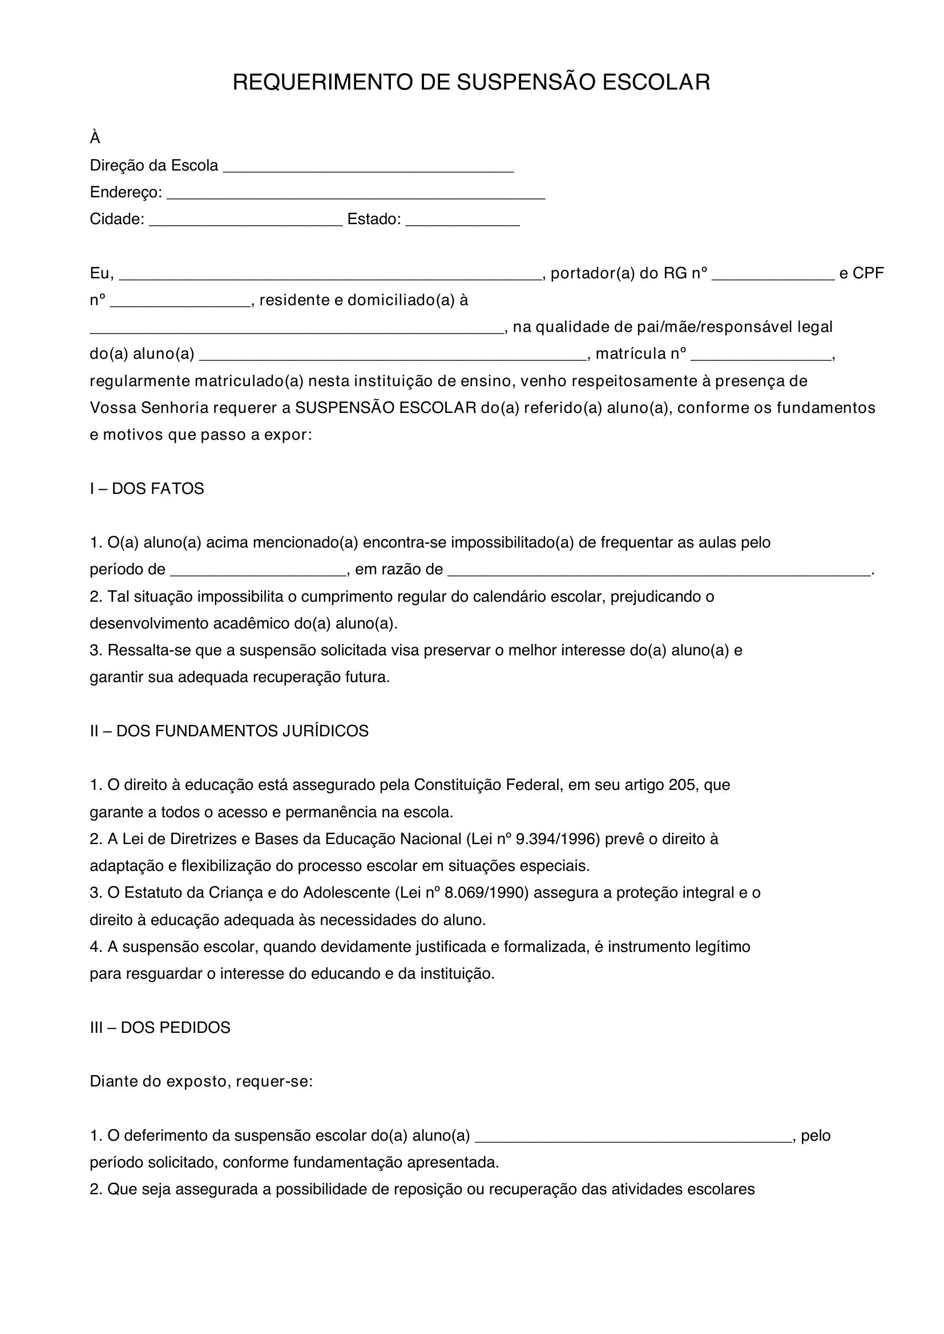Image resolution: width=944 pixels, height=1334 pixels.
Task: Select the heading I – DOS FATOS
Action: [147, 489]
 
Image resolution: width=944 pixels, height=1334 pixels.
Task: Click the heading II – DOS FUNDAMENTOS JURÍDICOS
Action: [229, 731]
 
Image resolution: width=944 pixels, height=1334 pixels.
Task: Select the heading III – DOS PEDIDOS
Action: [160, 1027]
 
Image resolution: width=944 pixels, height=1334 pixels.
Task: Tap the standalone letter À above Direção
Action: [95, 138]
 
